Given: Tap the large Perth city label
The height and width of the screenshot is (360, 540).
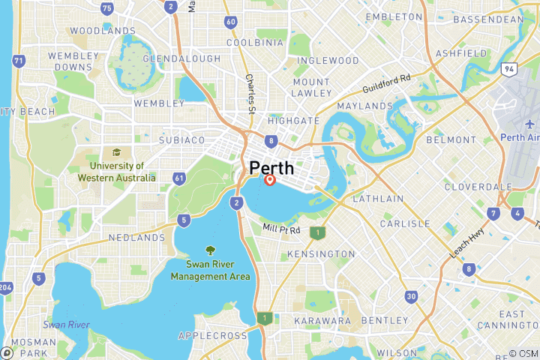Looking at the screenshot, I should (271, 167).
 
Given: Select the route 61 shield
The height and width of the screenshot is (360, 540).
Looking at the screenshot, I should (179, 178).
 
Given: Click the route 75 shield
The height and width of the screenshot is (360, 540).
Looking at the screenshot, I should (107, 8).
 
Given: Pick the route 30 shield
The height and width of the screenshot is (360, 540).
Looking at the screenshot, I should (411, 297).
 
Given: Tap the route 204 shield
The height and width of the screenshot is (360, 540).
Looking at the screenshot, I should (5, 286).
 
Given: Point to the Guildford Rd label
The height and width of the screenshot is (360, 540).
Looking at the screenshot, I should (387, 82).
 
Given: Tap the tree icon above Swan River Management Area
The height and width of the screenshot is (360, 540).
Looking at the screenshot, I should (211, 250).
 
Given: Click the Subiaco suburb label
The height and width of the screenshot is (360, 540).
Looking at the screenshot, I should (182, 140).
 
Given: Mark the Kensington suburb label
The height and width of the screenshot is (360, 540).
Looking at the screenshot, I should (322, 254).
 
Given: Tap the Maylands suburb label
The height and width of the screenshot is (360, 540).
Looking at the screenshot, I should (364, 106).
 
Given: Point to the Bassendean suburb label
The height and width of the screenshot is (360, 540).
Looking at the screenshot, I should (489, 19).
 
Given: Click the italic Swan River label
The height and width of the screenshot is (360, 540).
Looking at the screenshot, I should (67, 325).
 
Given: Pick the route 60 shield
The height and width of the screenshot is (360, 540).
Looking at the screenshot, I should (230, 22).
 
